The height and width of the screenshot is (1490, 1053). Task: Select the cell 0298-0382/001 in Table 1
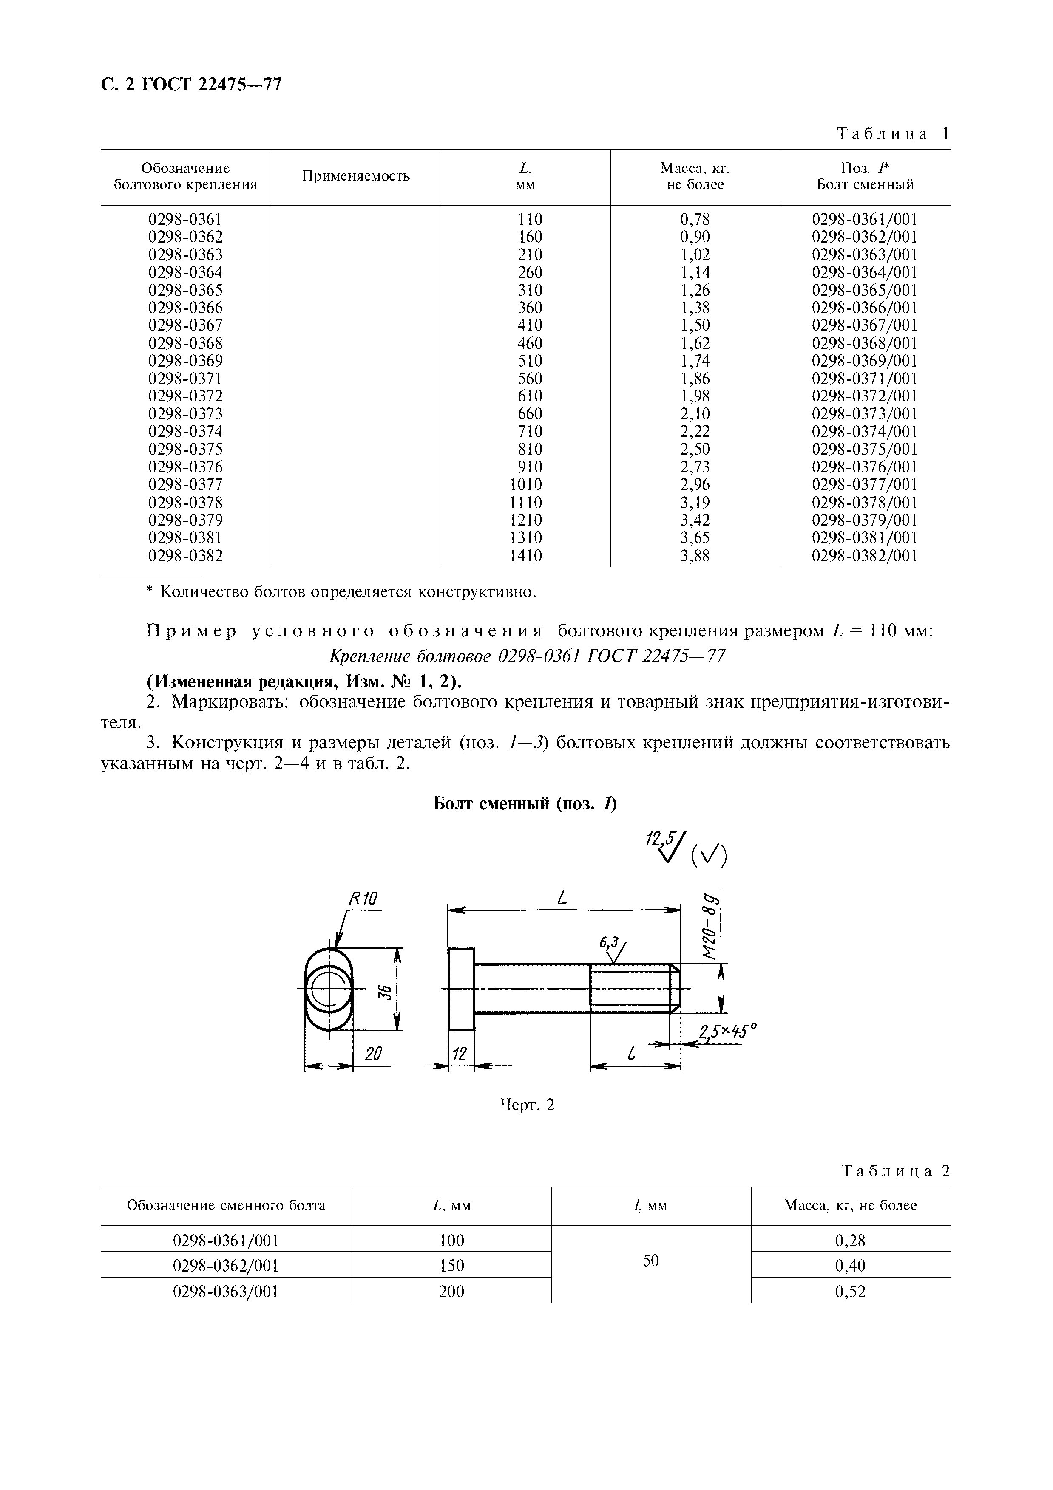864,555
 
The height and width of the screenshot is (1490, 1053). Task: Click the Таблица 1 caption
893,134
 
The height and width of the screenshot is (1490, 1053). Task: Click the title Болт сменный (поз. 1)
525,804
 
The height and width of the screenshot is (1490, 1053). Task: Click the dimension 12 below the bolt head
459,1054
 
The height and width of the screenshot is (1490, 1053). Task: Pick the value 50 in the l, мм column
650,1260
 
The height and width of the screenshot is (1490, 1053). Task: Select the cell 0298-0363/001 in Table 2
225,1292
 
